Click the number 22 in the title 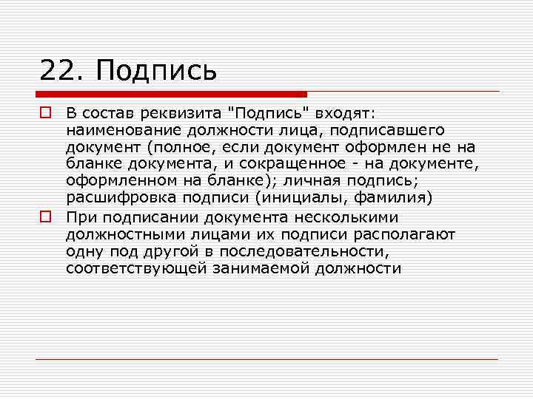point(57,71)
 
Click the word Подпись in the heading point(157,72)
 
